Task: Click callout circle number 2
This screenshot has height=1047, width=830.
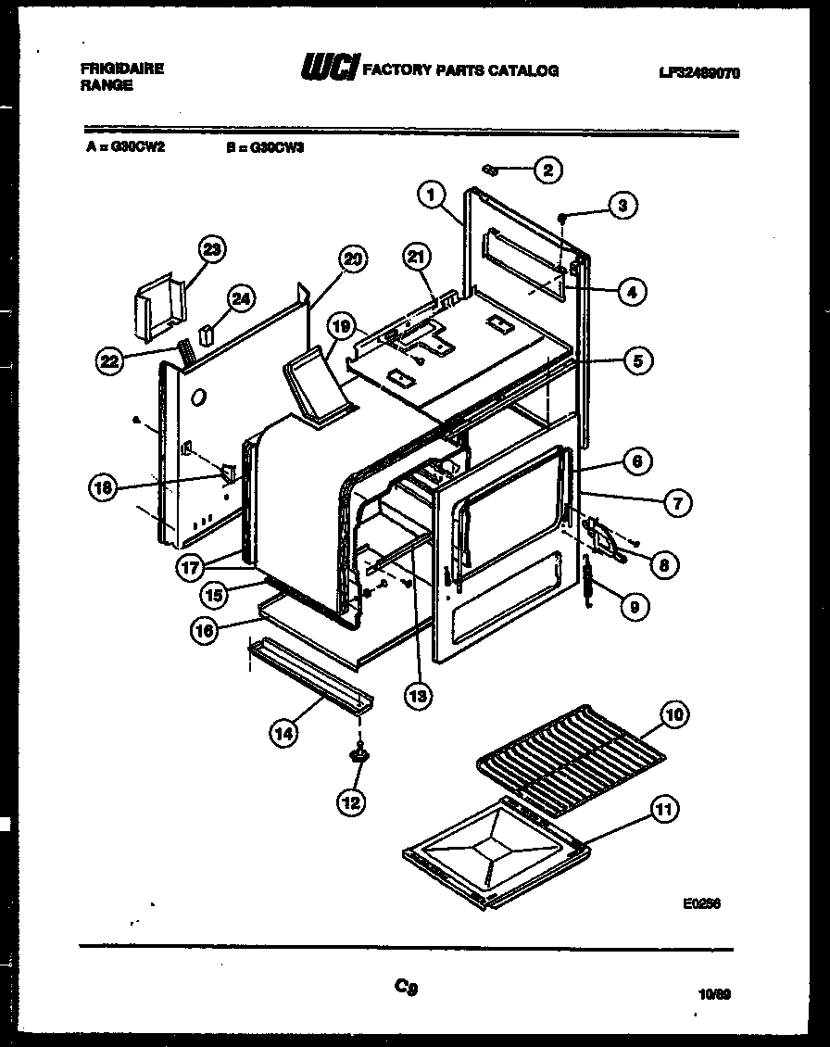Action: point(547,170)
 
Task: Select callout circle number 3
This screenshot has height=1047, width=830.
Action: point(622,206)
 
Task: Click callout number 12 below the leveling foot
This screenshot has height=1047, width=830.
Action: point(352,801)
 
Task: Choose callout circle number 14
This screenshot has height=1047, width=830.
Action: point(284,733)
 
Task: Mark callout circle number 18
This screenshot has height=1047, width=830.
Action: point(104,487)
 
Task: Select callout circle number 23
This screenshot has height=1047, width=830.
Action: point(213,249)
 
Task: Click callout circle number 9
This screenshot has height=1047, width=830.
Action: point(634,607)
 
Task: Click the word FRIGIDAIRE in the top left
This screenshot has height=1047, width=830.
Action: point(122,69)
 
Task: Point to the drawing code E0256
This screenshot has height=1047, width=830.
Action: point(701,904)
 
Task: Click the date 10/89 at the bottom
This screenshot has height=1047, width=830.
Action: point(714,996)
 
